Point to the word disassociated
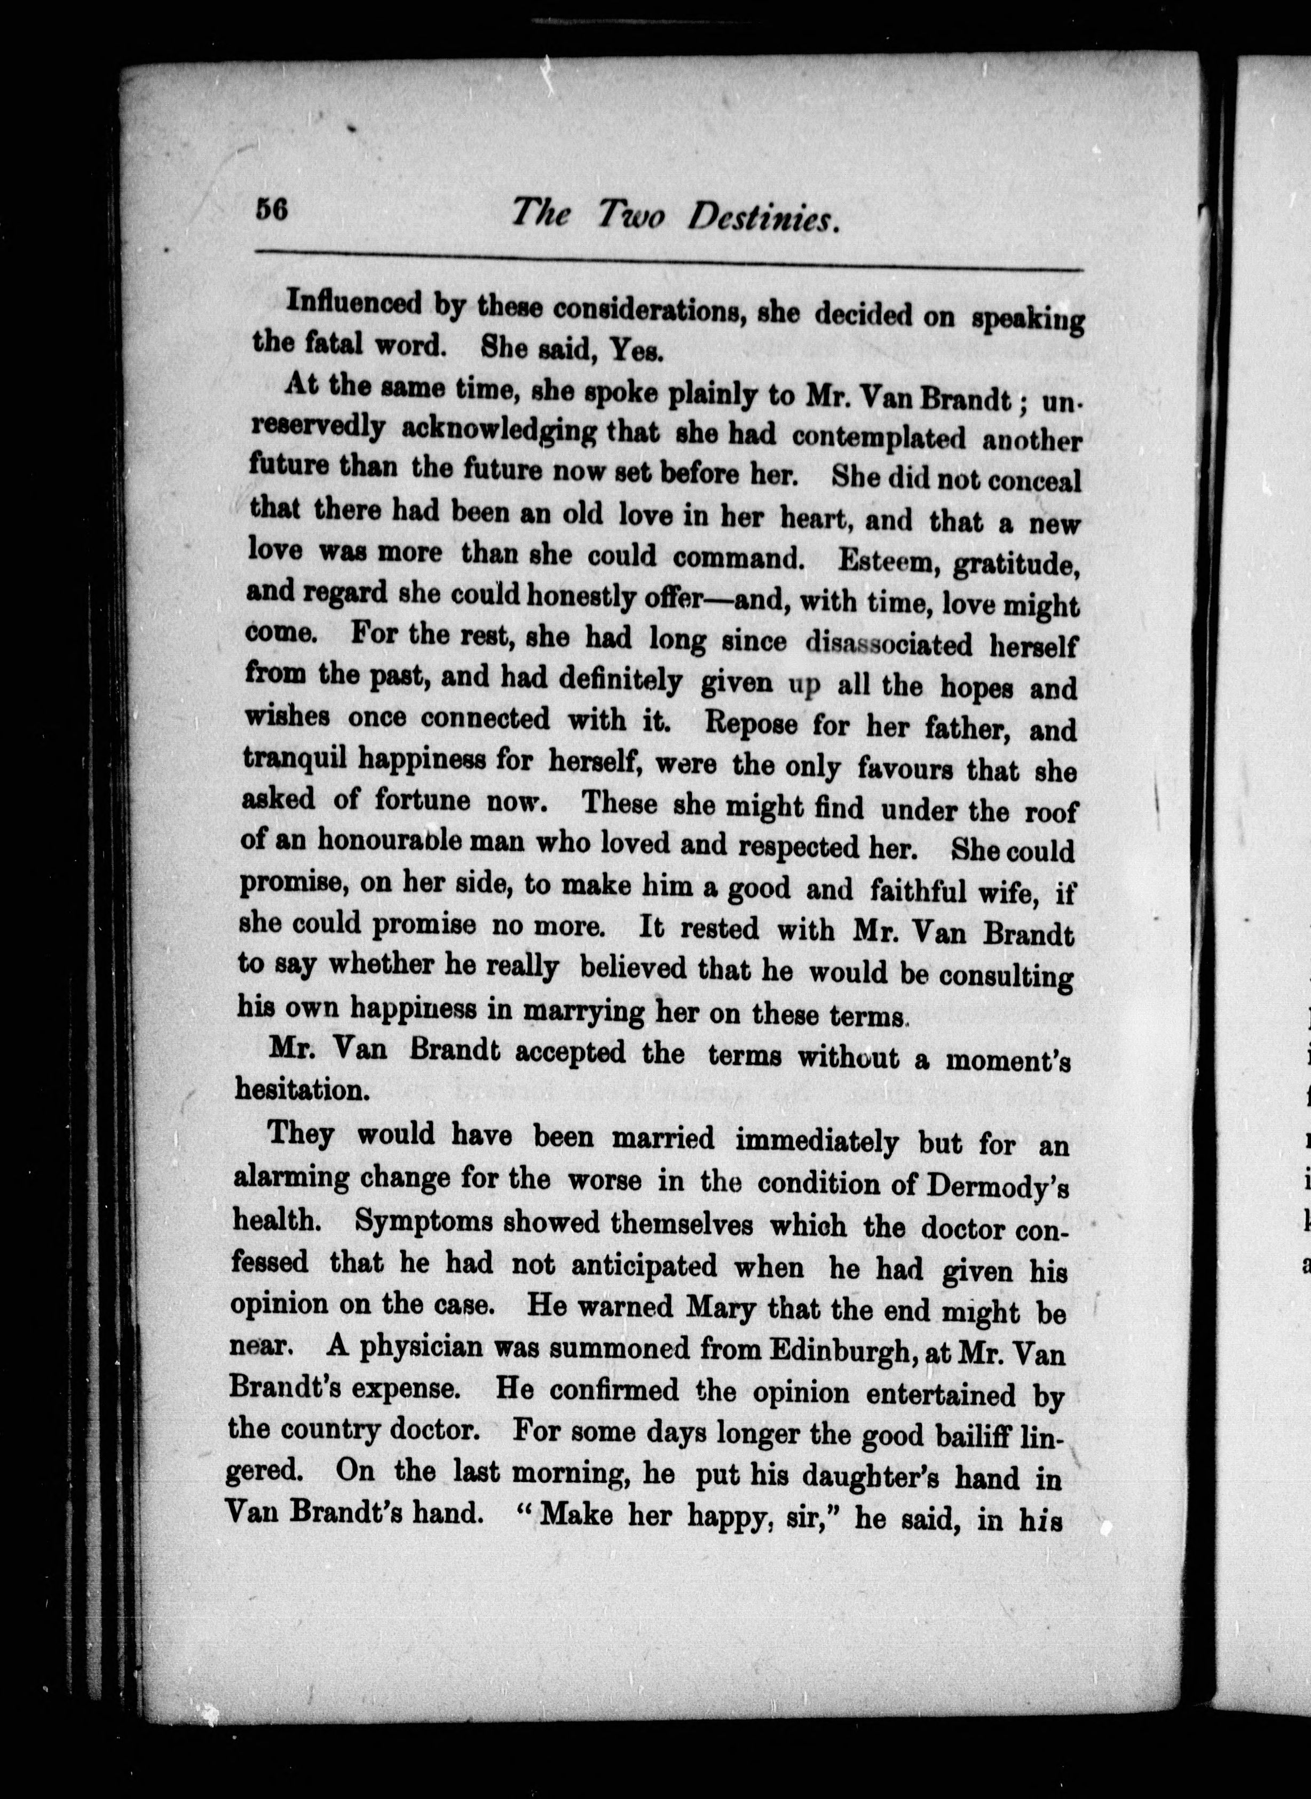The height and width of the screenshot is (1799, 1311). pos(888,643)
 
